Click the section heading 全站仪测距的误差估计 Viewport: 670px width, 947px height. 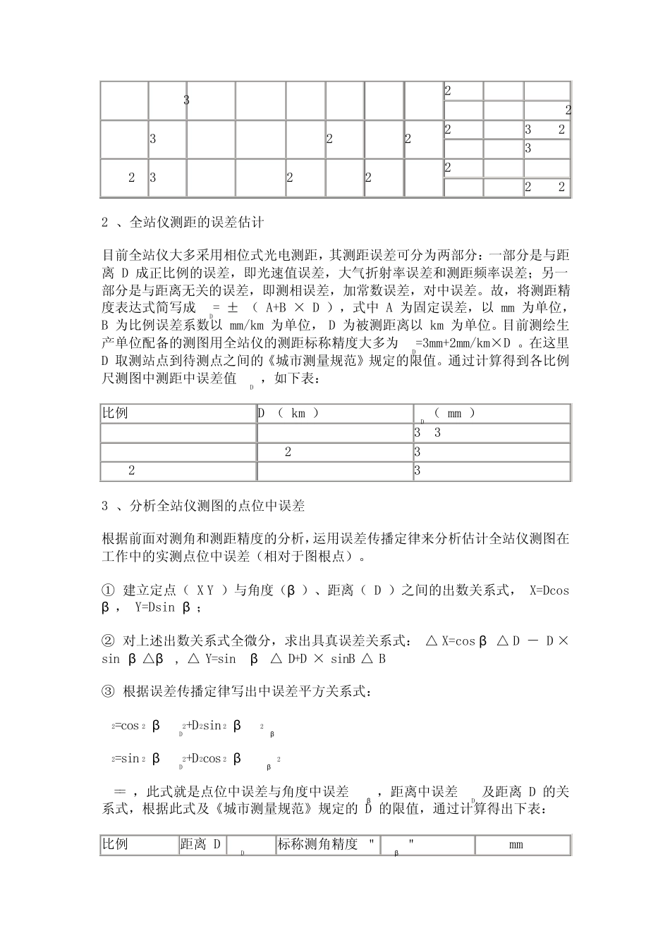197,223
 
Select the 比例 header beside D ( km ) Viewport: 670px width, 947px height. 116,413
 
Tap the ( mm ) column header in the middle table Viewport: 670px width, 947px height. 455,414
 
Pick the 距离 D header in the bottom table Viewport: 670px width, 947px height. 200,844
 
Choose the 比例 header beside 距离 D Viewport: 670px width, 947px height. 116,844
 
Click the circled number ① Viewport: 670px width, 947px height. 108,590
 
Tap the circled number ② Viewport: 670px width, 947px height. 108,640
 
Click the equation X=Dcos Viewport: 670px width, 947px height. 549,590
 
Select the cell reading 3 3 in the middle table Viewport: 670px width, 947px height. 428,433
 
